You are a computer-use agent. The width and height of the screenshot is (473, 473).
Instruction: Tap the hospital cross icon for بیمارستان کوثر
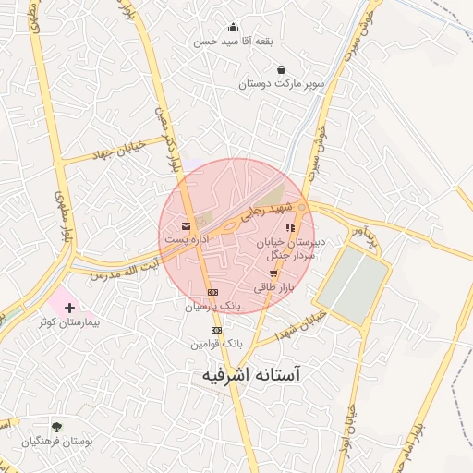(x=71, y=306)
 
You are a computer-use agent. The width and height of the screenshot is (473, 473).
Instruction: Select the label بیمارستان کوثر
(x=74, y=324)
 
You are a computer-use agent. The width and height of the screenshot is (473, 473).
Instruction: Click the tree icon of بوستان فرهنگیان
(x=58, y=426)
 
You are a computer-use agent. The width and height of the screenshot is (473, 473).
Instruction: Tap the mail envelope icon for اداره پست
(x=187, y=225)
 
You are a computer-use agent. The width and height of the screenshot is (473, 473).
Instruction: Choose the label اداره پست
(x=187, y=239)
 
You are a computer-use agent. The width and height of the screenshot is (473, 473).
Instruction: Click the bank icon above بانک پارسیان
(x=213, y=291)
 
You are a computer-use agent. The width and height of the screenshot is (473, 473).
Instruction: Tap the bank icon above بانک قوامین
(x=216, y=329)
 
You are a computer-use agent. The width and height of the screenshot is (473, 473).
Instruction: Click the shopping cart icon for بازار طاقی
(x=273, y=273)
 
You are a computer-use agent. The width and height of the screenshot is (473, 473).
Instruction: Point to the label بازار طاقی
(x=273, y=287)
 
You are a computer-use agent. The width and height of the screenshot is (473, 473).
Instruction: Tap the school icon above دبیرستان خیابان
(x=290, y=226)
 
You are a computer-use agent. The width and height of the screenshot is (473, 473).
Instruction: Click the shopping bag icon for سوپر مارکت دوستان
(x=281, y=69)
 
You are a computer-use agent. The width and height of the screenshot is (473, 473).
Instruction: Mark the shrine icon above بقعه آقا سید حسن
(x=233, y=27)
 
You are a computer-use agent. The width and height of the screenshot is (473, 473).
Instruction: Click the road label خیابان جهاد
(x=116, y=152)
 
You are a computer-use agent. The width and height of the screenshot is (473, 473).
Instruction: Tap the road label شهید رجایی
(x=266, y=210)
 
